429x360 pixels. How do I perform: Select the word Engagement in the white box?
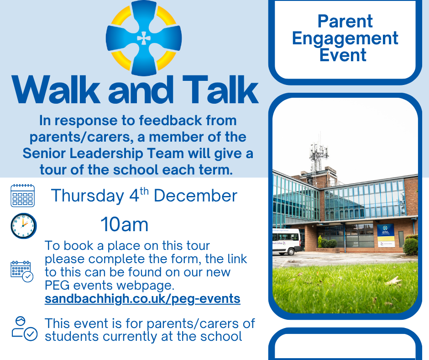[345, 38]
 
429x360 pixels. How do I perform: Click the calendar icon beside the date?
[22, 196]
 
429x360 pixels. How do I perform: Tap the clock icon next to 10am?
[23, 226]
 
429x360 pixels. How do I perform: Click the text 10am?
[124, 225]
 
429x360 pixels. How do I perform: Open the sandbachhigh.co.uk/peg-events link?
[142, 299]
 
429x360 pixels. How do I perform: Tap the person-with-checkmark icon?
[24, 329]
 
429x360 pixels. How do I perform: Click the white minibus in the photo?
[286, 242]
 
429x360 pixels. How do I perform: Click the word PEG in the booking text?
[57, 286]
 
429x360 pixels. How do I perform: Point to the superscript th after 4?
[144, 191]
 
